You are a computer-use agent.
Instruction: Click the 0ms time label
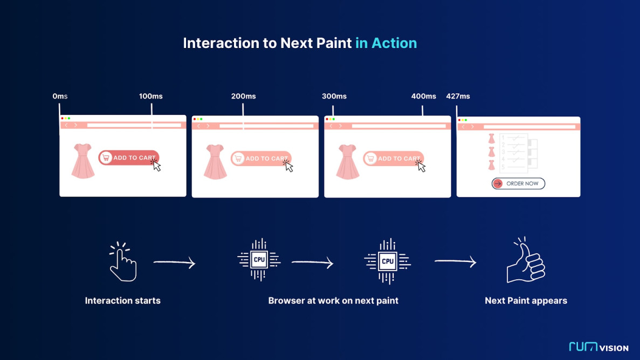click(60, 96)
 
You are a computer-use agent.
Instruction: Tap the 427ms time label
click(458, 96)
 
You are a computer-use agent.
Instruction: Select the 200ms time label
click(243, 96)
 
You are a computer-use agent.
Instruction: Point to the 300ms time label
click(334, 96)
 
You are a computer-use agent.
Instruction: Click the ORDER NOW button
click(518, 184)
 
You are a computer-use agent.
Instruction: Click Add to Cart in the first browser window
click(128, 158)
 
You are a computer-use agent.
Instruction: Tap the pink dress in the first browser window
click(83, 161)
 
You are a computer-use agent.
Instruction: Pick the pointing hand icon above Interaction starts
click(122, 262)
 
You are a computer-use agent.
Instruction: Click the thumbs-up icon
click(525, 261)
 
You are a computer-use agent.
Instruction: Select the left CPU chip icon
click(259, 260)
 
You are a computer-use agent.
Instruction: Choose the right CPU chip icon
click(387, 261)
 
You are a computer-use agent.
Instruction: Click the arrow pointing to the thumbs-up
click(455, 262)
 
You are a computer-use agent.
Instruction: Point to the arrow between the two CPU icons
click(312, 262)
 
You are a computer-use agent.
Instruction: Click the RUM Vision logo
click(598, 347)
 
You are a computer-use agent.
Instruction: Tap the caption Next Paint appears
click(526, 301)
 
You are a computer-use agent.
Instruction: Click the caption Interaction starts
click(122, 301)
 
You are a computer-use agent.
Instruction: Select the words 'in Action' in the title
click(386, 43)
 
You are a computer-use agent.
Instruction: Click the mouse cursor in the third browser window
click(421, 167)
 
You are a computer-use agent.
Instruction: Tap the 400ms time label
click(423, 96)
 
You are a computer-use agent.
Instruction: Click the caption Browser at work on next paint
click(333, 301)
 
